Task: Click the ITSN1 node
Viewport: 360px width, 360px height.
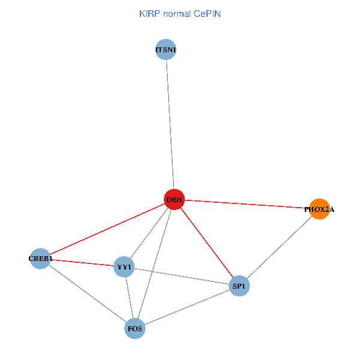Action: (165, 50)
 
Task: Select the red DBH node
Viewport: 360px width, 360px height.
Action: (174, 199)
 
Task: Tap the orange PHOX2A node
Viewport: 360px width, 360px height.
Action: (319, 209)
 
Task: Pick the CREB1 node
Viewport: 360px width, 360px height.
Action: (40, 259)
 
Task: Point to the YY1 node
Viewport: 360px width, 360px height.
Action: (124, 266)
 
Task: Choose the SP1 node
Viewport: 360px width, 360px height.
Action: (239, 286)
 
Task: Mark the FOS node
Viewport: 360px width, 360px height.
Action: (134, 328)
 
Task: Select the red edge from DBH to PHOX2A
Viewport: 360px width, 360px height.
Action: (247, 204)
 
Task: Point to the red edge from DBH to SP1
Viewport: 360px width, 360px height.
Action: (206, 242)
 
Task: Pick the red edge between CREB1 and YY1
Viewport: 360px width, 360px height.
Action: (82, 262)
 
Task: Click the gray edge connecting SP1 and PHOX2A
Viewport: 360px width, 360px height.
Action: (279, 248)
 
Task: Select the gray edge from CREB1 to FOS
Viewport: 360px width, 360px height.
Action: (87, 293)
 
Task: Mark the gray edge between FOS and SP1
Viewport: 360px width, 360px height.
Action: (187, 307)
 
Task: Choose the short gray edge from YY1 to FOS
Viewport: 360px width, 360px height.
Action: (129, 297)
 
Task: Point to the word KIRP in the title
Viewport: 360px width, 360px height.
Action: (149, 13)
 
